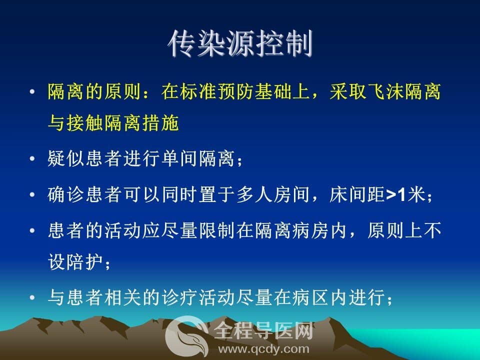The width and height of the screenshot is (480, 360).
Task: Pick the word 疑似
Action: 66,158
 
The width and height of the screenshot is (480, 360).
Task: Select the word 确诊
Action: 66,194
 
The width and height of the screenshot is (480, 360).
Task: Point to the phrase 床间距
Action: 357,194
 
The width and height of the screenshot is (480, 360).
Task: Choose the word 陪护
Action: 85,262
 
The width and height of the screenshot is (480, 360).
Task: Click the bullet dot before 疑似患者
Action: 32,158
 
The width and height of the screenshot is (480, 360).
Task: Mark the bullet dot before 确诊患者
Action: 32,194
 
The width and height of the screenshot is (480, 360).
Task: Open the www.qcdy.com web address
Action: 263,349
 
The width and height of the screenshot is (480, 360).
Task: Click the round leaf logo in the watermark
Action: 185,335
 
